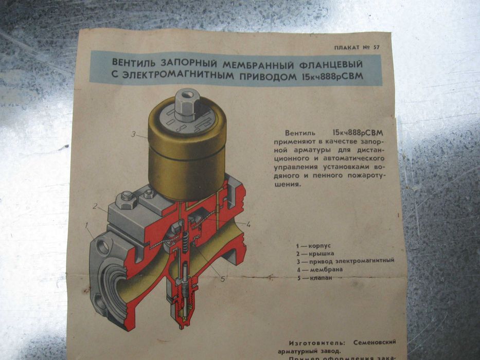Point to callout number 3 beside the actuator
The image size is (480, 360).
coord(133,135)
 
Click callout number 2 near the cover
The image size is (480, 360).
coord(95,206)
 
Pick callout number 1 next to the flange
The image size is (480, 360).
coord(88,225)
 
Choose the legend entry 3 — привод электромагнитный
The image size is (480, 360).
coord(345,261)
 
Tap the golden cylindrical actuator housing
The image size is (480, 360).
coord(186,154)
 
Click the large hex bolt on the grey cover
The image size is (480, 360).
coord(127,199)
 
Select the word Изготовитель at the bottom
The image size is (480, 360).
coord(317,342)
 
